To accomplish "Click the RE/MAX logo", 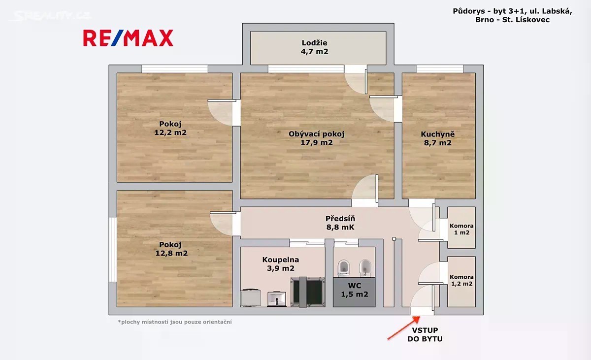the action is coord(128,38).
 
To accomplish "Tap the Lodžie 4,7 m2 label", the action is coord(315,47).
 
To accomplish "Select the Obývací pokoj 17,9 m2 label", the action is coord(317,138).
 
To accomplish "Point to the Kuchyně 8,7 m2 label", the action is coord(438,138).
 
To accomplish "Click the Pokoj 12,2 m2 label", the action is coord(170,128).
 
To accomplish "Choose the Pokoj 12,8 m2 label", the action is coord(171,249).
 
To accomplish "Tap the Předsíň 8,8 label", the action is coord(340,223).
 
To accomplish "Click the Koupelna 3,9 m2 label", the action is coord(281,264).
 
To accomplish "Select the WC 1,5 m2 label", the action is coord(355,290).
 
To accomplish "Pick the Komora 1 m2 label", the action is coord(462,229).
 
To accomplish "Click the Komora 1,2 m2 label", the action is coord(462,280).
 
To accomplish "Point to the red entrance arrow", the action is coord(404,328).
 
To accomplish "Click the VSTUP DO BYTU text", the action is coord(425,334).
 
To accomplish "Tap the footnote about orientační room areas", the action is coord(175,322).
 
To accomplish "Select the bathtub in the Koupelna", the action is coord(308,292).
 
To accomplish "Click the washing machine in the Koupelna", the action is coord(251,298).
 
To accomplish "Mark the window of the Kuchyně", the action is coord(440,69).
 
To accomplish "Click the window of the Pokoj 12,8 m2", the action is coord(113,250).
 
